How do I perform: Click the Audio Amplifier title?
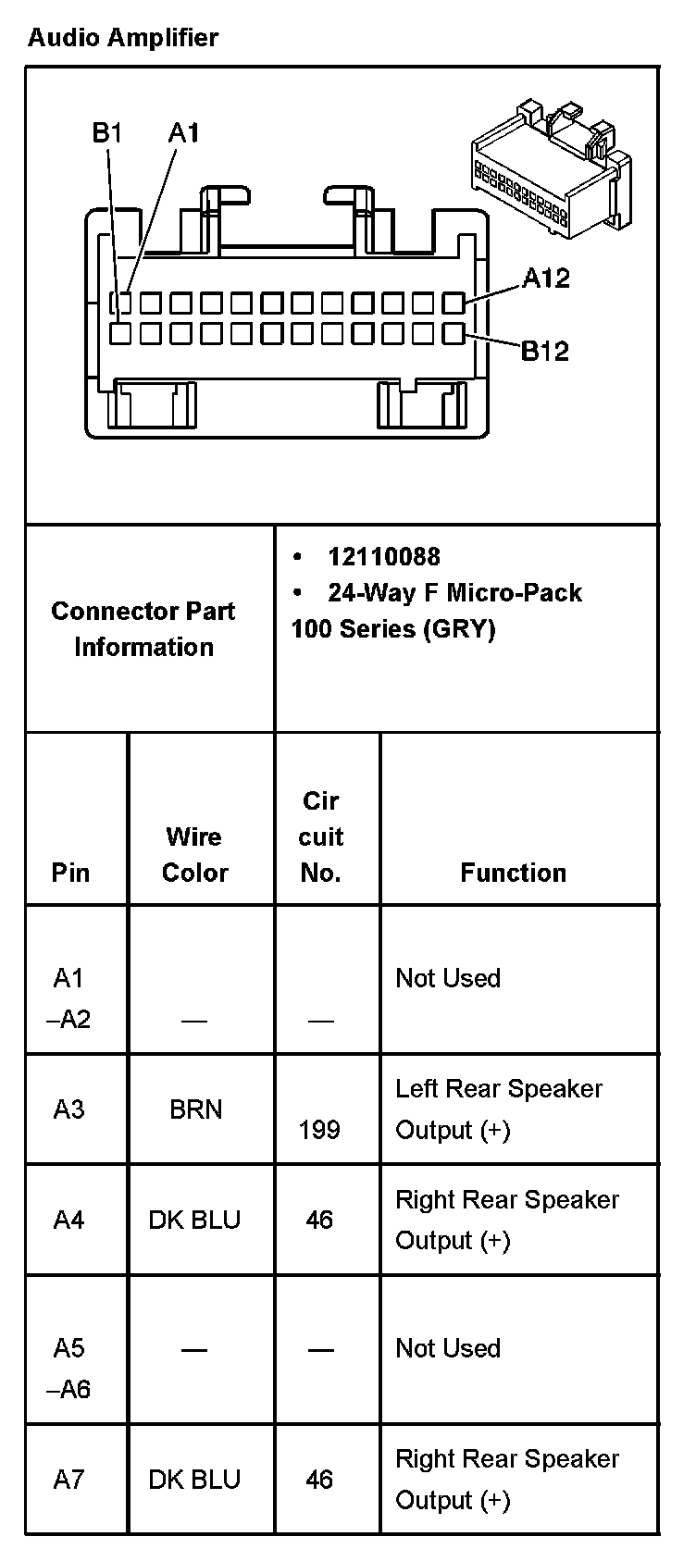tap(123, 38)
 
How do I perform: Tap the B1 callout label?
tap(107, 133)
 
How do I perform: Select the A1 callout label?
tap(183, 133)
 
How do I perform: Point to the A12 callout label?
tap(546, 278)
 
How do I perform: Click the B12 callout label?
tap(545, 351)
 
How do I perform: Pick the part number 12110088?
tap(383, 556)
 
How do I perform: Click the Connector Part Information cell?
tap(143, 628)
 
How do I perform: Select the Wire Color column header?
tap(194, 854)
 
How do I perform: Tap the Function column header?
tap(513, 873)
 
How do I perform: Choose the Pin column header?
tap(70, 873)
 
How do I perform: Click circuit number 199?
tap(319, 1130)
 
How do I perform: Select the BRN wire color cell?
tap(195, 1109)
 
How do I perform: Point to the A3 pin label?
tap(68, 1109)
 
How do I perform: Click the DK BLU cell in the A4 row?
tap(194, 1220)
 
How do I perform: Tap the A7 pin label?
tap(68, 1479)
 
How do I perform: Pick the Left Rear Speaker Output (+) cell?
tap(499, 1109)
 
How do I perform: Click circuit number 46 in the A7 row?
tap(319, 1479)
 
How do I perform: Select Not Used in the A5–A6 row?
tap(448, 1348)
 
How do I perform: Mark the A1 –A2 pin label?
tap(68, 998)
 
